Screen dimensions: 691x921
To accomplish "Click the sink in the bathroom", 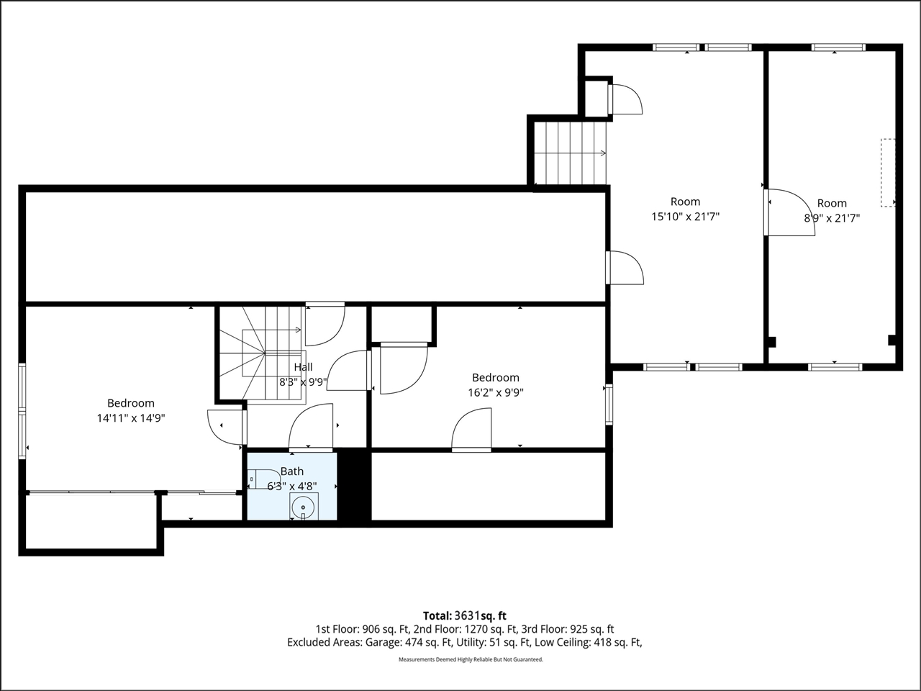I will click(x=303, y=507).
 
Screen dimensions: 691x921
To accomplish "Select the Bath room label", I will click(x=292, y=471).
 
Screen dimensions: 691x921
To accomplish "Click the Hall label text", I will click(x=303, y=367).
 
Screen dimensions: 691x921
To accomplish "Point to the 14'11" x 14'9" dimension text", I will click(x=131, y=417).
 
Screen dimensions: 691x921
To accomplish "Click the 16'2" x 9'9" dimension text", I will click(x=495, y=393).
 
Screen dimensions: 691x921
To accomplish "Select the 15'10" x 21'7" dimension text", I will click(x=685, y=217).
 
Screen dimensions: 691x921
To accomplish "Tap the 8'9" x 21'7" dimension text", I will click(x=832, y=218).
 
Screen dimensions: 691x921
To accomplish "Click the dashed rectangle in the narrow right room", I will click(x=889, y=173).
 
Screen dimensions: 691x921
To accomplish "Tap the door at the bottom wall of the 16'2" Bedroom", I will click(x=471, y=432).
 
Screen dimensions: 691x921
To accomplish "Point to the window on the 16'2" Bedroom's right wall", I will click(x=609, y=404).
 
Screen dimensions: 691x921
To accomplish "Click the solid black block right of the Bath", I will click(x=353, y=485).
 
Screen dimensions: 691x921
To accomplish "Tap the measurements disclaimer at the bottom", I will click(x=471, y=659).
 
